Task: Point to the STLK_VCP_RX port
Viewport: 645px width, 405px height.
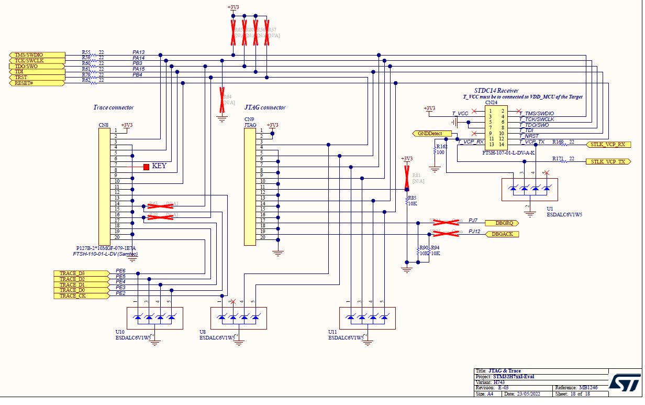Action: click(x=607, y=145)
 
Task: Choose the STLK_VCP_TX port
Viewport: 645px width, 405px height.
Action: click(x=607, y=162)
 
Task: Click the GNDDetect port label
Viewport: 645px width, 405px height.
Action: click(x=430, y=134)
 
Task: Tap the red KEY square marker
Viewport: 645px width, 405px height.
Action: click(x=146, y=167)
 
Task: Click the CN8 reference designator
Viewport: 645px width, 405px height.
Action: click(x=104, y=126)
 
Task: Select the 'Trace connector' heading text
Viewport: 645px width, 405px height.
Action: click(x=114, y=107)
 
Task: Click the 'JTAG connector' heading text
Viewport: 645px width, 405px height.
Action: click(x=265, y=107)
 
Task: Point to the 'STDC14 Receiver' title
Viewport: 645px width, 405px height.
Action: click(x=496, y=91)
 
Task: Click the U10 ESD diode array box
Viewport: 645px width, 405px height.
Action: click(x=155, y=318)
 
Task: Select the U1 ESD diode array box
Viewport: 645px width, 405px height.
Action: click(x=530, y=189)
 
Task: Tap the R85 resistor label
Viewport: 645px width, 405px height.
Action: click(x=412, y=198)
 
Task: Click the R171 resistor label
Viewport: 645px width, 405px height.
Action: click(x=558, y=158)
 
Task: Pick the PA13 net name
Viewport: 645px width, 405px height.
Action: click(x=138, y=52)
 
